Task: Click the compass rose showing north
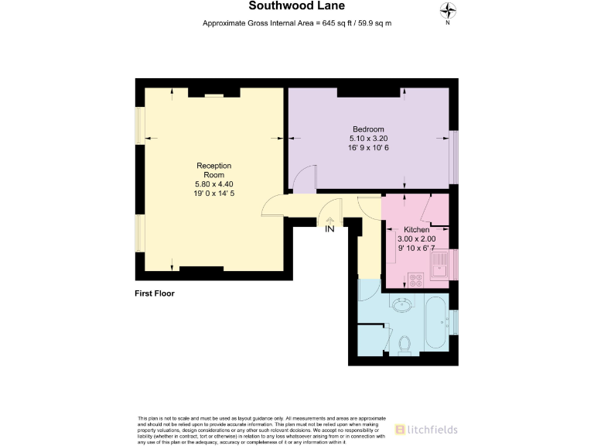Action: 447,11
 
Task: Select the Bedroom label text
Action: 368,129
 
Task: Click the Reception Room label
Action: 214,170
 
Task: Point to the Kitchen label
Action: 416,230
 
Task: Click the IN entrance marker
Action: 330,228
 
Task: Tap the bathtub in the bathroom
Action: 436,321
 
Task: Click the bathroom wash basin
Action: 402,304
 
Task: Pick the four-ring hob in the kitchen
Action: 415,279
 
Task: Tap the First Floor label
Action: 155,293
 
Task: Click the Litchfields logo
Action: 426,429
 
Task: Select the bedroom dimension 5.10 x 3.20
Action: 368,139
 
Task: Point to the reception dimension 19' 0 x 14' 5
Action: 214,194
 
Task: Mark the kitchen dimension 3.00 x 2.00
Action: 416,239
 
